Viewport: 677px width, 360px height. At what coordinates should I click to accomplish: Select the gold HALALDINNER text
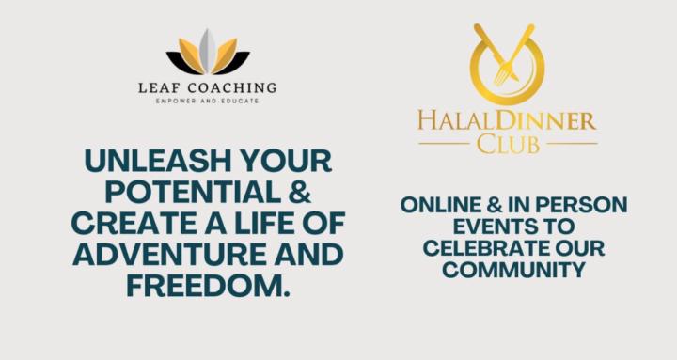pos(508,122)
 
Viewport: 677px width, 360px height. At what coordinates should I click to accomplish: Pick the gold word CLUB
pos(508,143)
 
